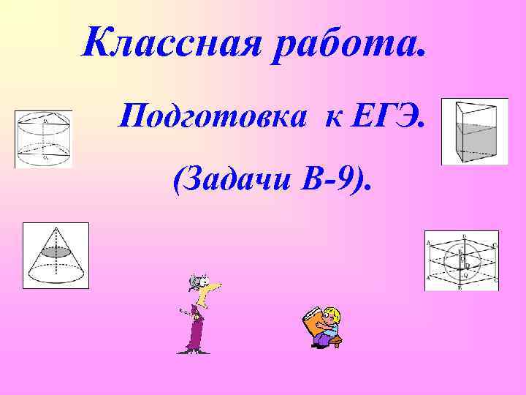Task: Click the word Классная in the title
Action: point(172,45)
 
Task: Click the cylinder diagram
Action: point(43,139)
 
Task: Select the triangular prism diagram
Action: point(473,132)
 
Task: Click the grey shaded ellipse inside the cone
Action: point(56,252)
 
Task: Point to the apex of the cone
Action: point(56,227)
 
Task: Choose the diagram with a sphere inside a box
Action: point(461,261)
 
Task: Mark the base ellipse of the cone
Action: point(56,276)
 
